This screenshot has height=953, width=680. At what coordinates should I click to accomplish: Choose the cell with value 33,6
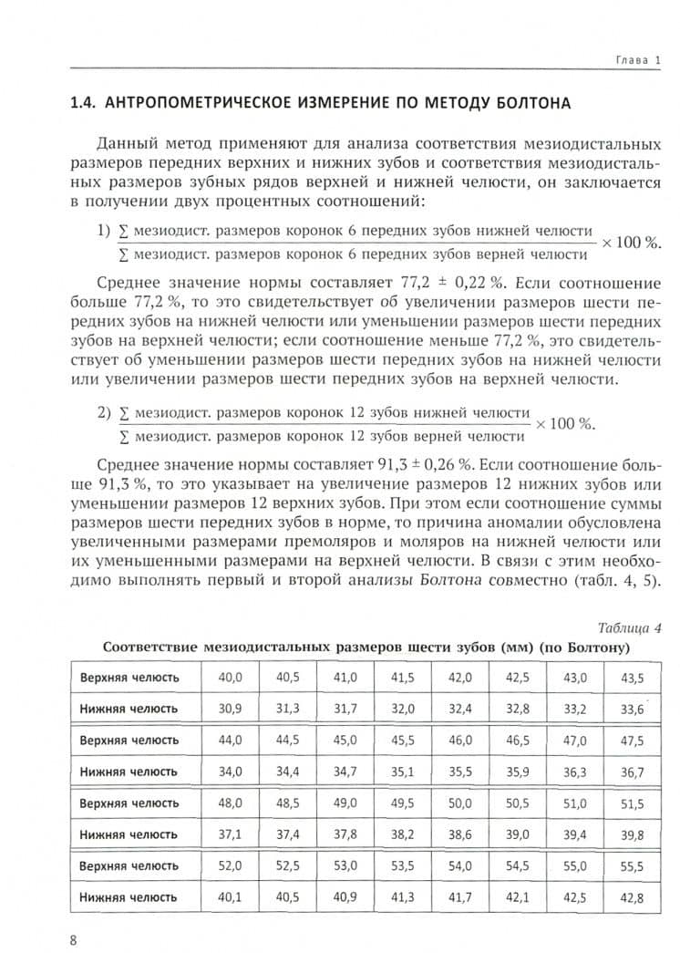tap(631, 709)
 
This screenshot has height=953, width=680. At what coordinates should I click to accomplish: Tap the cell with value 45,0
tap(345, 741)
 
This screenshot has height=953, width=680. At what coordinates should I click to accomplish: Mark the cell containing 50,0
tap(459, 803)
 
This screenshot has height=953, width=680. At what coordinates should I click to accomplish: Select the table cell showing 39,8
tap(631, 834)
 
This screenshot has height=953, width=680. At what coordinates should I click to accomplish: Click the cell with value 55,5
tap(631, 866)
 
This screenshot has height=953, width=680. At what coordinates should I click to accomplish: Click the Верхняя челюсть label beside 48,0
tap(129, 803)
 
